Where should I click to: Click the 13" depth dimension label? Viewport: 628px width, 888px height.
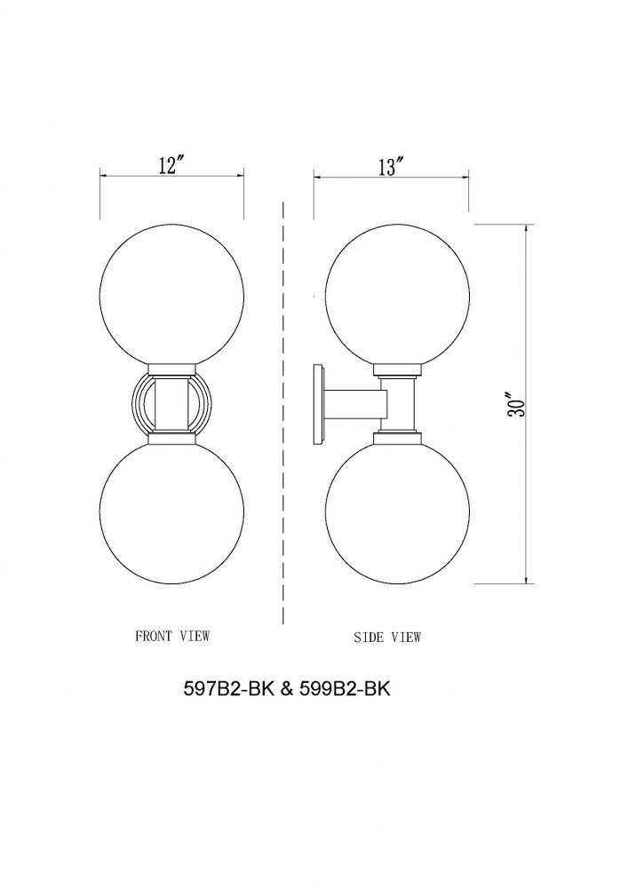click(392, 167)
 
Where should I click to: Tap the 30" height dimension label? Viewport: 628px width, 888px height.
click(516, 404)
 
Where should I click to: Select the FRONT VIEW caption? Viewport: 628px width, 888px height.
click(172, 636)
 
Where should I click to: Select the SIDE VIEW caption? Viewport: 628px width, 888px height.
click(387, 637)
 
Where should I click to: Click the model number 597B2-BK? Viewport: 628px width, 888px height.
click(228, 689)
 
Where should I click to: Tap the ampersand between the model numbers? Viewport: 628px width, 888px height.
click(287, 689)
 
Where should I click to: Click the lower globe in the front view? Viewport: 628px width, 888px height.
click(171, 512)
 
